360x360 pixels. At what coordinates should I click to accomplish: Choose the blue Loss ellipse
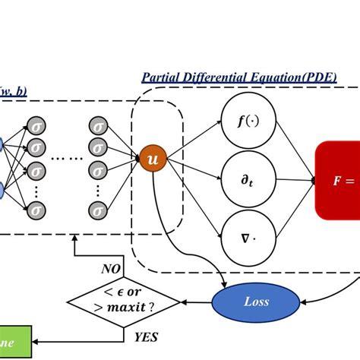click(256, 301)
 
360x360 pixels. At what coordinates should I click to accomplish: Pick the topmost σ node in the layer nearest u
click(97, 125)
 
